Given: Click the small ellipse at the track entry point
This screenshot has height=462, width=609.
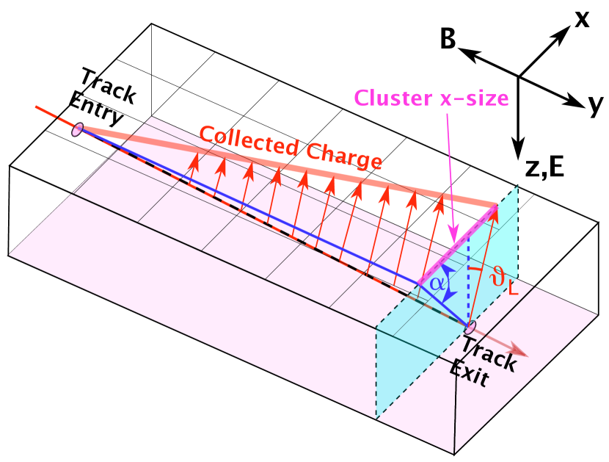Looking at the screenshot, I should pos(77,130).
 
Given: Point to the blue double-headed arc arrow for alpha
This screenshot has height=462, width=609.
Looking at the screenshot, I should pos(451,283).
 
